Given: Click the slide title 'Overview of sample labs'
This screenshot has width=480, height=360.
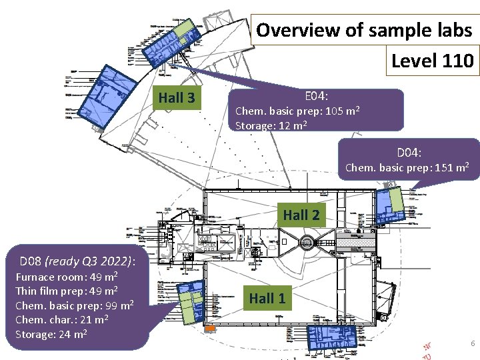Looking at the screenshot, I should coord(364,30).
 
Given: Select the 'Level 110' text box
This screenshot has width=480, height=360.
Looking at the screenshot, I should coord(432,61).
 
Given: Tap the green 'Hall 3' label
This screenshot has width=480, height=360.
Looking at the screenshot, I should coord(177,98).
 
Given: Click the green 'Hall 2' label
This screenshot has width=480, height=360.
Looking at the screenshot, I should coord(301,215).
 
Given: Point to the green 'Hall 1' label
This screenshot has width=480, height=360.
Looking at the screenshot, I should coord(267,298).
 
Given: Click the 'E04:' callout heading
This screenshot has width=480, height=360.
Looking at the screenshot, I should coord(316,96).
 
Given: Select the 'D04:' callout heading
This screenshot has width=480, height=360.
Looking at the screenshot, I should coord(409,152).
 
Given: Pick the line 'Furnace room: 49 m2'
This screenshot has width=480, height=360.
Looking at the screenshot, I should coord(67,276).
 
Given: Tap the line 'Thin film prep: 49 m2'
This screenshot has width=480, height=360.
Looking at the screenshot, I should coord(67,291).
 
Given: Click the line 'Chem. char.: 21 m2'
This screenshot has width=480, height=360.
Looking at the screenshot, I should coord(61,320).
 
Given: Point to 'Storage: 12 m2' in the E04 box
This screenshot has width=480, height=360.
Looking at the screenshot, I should coord(271,125).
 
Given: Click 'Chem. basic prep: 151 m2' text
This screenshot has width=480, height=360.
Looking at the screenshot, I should coord(407,167).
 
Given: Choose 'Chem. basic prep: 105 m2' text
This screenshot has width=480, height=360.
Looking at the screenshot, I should coord(297,111).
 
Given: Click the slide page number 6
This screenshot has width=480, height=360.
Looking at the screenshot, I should coord(472,343).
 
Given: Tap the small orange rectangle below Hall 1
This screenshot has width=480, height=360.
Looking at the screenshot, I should coord(209,329).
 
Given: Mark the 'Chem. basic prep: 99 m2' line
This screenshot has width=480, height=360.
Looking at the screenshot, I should coord(75,305).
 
